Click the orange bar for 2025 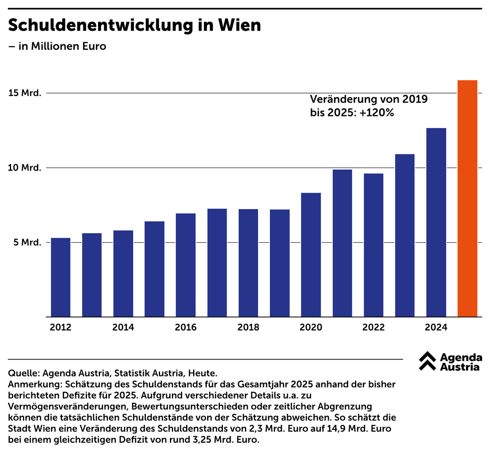(x=468, y=199)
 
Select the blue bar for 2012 (x=60, y=277)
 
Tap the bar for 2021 (x=342, y=243)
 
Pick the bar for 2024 (x=436, y=223)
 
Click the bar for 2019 (x=280, y=263)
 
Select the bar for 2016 (x=186, y=265)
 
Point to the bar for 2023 (x=405, y=235)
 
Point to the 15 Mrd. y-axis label (x=25, y=93)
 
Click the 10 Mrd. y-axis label (x=25, y=168)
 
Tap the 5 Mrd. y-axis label (x=25, y=243)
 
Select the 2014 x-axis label (x=123, y=328)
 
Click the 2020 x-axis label (x=311, y=328)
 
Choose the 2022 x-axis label (x=373, y=328)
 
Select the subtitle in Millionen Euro (x=62, y=46)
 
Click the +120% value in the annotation (x=376, y=113)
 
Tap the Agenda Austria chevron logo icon (x=427, y=361)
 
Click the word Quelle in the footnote (x=23, y=373)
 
